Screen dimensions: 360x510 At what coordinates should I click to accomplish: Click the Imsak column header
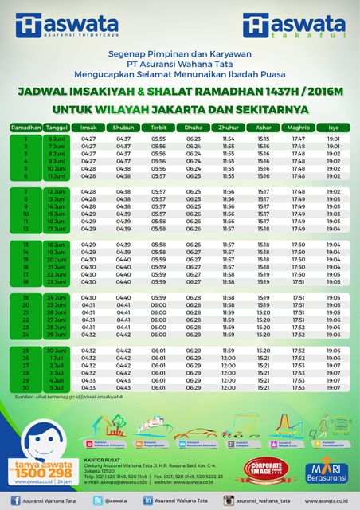(x=88, y=127)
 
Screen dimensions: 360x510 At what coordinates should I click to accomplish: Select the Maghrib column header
(x=299, y=127)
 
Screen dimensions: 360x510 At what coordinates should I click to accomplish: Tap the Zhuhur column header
(x=229, y=127)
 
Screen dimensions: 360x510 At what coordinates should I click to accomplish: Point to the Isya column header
(x=334, y=127)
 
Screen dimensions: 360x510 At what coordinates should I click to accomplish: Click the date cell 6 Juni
(x=56, y=139)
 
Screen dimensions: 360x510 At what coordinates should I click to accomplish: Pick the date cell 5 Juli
(x=56, y=388)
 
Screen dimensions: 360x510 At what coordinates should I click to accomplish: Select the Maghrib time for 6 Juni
(x=299, y=139)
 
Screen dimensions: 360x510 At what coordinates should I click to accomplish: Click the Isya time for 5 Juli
(x=334, y=388)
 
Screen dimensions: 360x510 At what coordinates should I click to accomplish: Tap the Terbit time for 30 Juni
(x=158, y=351)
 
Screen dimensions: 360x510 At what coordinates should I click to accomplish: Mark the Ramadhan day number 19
(x=25, y=297)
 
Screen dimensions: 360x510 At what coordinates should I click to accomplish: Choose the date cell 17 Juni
(x=56, y=229)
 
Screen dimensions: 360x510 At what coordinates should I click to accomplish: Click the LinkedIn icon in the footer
(x=148, y=500)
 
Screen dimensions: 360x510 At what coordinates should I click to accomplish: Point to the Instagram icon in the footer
(x=229, y=500)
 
